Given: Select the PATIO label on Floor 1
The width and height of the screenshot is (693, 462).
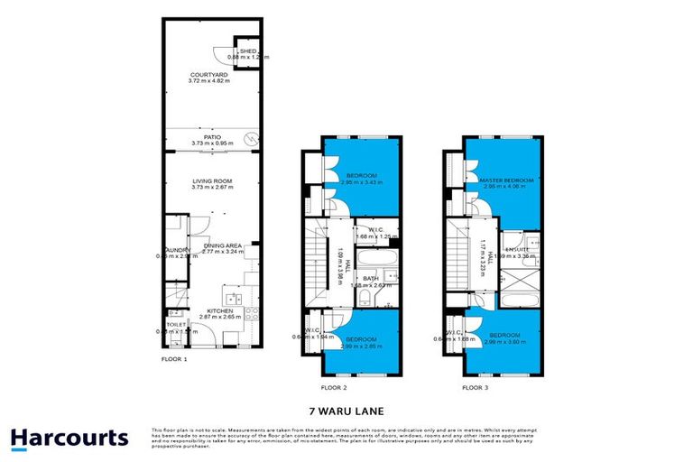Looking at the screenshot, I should [x=212, y=137].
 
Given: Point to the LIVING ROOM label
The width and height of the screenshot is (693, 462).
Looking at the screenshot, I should [x=212, y=181].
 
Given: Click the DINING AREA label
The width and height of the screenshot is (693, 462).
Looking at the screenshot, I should [x=220, y=245].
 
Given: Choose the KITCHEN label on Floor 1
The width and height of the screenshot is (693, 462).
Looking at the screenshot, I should [x=220, y=310].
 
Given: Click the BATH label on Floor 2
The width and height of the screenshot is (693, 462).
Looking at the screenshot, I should [x=371, y=279].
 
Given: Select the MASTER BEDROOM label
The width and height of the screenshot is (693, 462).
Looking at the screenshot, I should [x=507, y=180].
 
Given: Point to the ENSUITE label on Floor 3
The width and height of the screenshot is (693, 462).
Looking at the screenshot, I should [x=517, y=249].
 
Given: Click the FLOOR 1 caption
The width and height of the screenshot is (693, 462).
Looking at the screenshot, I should [x=173, y=359].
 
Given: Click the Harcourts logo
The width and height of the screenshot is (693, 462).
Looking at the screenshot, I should [x=69, y=439].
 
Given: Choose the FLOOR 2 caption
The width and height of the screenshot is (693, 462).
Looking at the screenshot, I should [x=332, y=388].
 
